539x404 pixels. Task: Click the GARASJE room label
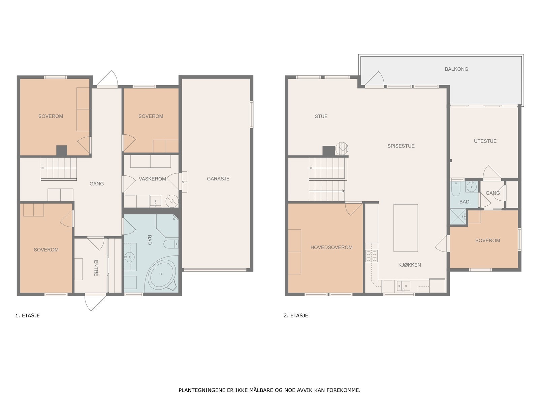tap(218, 179)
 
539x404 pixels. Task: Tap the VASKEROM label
tap(152, 179)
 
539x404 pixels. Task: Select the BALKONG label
tap(456, 69)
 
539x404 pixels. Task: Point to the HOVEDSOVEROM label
tap(331, 247)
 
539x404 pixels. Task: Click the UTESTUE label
tap(485, 141)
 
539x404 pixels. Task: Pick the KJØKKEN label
tap(409, 265)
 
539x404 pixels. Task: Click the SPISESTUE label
tap(401, 146)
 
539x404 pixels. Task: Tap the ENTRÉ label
tap(96, 268)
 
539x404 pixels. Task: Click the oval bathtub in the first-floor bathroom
tap(161, 274)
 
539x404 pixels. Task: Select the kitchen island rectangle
tap(405, 228)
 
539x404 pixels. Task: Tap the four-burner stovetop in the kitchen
tap(371, 256)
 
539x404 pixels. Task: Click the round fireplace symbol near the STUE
tap(342, 149)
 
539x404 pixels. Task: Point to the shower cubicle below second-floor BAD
tap(458, 216)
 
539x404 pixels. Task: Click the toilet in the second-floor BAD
tap(456, 189)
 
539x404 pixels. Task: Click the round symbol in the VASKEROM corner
tap(172, 201)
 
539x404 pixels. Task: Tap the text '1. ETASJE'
tap(28, 315)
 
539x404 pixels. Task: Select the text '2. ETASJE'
tap(296, 315)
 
